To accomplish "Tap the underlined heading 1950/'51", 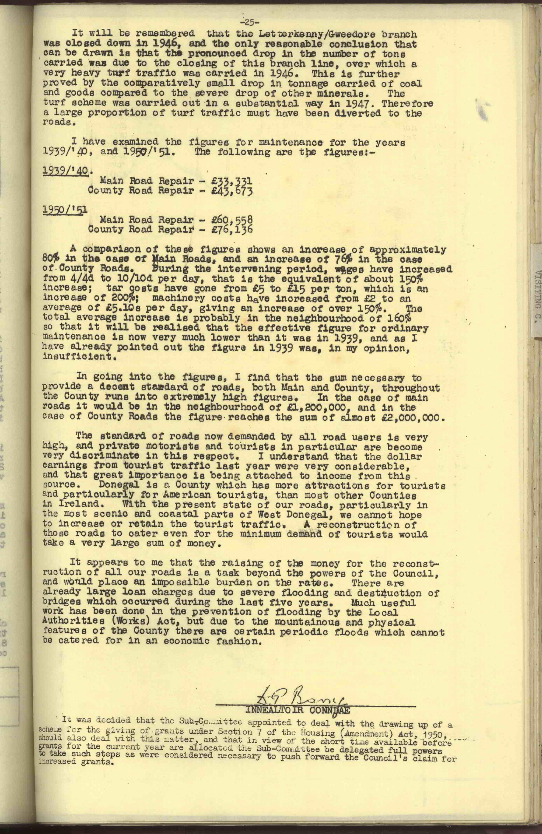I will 65,210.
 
